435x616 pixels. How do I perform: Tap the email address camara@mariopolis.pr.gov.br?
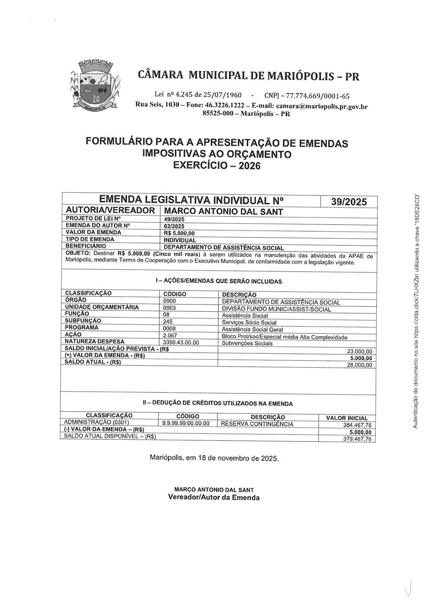coord(322,107)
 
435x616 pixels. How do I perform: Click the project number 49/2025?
coord(174,219)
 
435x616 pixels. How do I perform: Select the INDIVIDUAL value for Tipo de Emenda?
coord(180,240)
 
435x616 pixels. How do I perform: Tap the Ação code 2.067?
coord(170,335)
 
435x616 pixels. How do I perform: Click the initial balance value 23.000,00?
coord(359,352)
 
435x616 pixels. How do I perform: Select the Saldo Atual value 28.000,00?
coord(359,365)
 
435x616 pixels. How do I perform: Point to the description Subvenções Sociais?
coord(247,343)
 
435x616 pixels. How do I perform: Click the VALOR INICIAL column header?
coord(347,418)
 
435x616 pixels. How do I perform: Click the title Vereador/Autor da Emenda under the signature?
coord(214,497)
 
